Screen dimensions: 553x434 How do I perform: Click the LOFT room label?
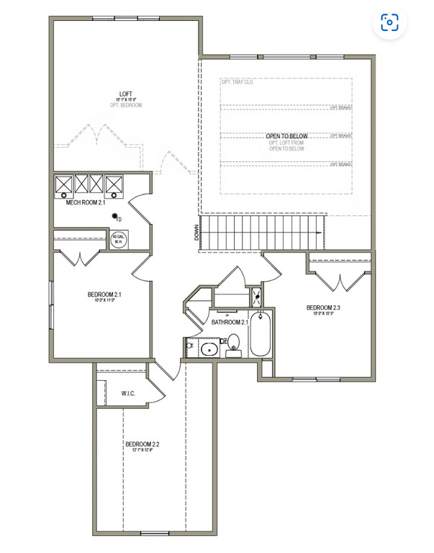click(x=125, y=94)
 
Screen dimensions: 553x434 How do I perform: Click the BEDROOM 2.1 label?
click(x=104, y=294)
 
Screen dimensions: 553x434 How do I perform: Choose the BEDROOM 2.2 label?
click(x=142, y=444)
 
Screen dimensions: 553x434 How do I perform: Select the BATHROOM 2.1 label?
click(x=230, y=322)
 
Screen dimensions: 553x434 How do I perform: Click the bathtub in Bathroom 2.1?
click(x=259, y=334)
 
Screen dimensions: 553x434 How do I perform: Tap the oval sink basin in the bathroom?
click(x=209, y=350)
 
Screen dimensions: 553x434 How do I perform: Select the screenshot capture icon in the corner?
click(x=389, y=22)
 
